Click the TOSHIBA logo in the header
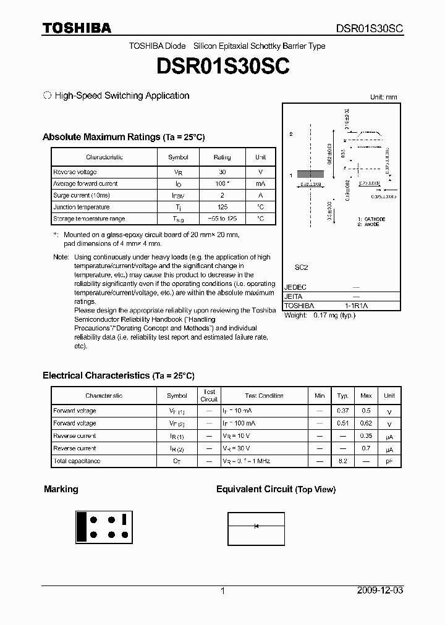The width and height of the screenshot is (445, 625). coord(77,28)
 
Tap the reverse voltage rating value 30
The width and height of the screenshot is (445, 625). coord(222,172)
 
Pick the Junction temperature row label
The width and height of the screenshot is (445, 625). coord(81,208)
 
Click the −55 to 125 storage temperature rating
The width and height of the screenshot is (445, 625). coord(222,219)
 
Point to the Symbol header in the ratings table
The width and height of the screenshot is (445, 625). coord(178,157)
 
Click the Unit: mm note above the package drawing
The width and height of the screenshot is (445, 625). coord(384,98)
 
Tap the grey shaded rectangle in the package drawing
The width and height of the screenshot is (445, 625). coord(311,175)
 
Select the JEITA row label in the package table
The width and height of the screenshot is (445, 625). coord(294,296)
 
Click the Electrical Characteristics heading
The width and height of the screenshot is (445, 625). coord(118,375)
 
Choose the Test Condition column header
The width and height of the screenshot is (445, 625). coord(264,396)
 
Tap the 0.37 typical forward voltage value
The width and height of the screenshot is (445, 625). coord(342,411)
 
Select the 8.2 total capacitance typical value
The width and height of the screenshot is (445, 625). coord(342,461)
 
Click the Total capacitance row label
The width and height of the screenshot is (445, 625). coord(77,461)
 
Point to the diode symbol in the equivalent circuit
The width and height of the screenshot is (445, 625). coord(256,526)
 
